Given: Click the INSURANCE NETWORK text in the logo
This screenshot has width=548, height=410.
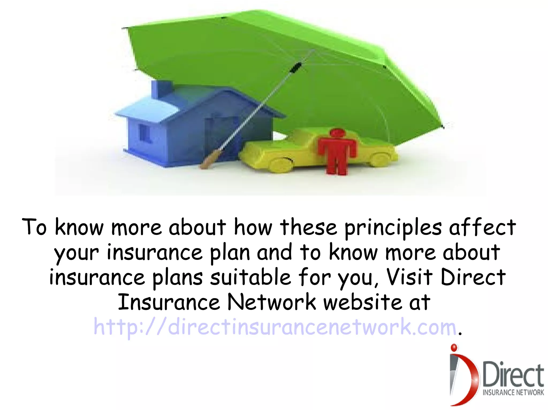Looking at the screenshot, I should click(513, 392).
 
